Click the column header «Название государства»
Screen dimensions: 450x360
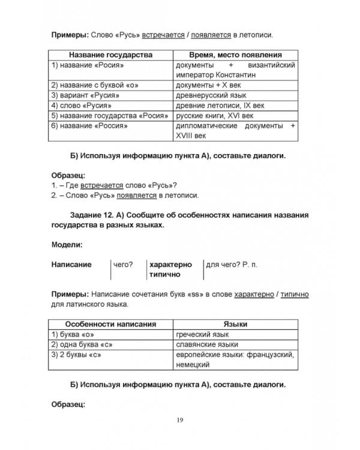point(110,55)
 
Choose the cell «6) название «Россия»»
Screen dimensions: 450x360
point(89,126)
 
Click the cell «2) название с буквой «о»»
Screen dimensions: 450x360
point(93,85)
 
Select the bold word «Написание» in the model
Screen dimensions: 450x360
point(71,264)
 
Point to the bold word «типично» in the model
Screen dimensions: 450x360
point(166,274)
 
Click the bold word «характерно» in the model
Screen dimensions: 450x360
point(171,264)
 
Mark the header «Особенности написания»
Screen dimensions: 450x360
point(110,324)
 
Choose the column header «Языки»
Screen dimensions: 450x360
point(235,324)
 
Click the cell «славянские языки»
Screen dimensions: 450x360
point(206,344)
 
